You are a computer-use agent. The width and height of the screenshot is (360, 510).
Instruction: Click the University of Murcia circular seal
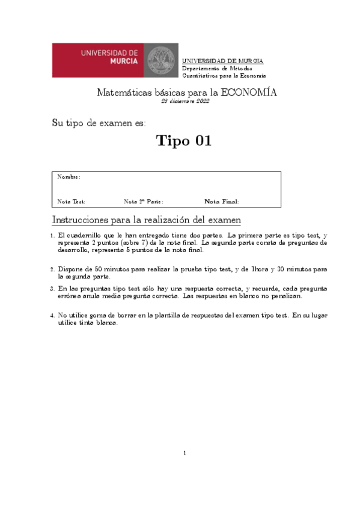point(161,60)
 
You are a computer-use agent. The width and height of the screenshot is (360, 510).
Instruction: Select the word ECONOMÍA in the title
point(249,93)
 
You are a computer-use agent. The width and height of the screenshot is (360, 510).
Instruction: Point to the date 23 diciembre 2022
point(186,102)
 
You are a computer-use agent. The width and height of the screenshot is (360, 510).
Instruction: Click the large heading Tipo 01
point(183,141)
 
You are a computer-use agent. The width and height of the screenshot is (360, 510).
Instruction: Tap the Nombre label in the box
point(69,177)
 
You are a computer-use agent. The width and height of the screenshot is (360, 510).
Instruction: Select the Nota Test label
point(71,201)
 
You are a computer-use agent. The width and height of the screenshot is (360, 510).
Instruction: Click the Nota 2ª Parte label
point(143,201)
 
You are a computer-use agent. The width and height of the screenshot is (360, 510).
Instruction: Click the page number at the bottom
point(185,453)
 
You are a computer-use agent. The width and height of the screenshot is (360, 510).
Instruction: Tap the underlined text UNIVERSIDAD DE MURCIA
point(222,61)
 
